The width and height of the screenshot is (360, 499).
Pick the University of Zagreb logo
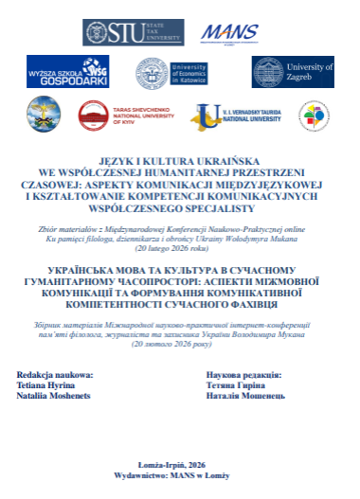[294, 72]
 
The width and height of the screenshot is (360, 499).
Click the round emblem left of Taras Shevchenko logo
[44, 116]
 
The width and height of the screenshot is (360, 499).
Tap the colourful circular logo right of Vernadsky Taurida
[314, 116]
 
